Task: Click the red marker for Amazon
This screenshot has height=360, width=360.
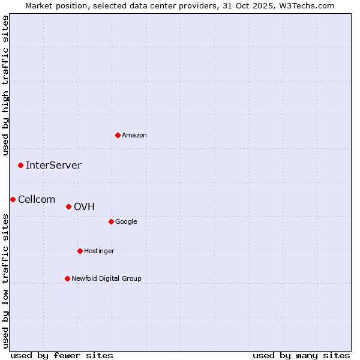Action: click(118, 135)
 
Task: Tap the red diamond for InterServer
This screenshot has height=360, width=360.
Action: click(20, 165)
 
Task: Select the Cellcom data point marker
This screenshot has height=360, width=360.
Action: click(13, 199)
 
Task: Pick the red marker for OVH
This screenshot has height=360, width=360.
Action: click(68, 206)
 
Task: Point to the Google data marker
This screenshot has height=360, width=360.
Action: click(111, 221)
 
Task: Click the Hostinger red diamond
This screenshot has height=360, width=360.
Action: click(80, 251)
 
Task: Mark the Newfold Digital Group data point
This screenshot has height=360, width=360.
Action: click(67, 278)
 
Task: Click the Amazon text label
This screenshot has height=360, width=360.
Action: click(134, 136)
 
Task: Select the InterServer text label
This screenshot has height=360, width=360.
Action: click(53, 166)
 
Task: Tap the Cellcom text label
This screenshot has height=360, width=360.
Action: click(37, 200)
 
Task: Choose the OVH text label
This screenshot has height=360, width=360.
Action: click(84, 207)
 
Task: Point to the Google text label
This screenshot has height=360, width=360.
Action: click(126, 222)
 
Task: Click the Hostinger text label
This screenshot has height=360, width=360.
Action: click(99, 251)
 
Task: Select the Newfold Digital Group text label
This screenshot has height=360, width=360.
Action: click(106, 279)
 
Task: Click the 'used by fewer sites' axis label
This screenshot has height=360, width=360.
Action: click(62, 355)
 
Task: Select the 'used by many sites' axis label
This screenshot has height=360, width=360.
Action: click(301, 355)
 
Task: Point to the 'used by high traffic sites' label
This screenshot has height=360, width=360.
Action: click(5, 85)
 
